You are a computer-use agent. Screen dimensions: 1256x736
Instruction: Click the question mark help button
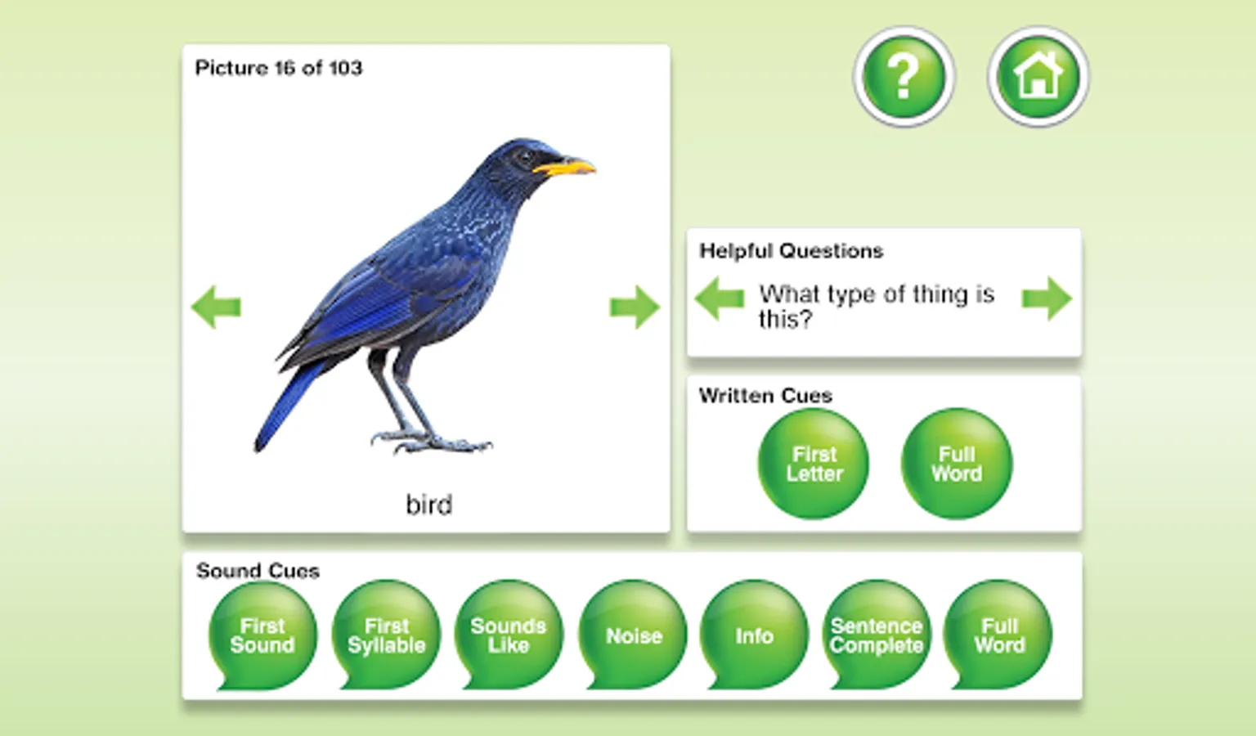coord(904,76)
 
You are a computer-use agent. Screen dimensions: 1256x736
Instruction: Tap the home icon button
coord(1038,76)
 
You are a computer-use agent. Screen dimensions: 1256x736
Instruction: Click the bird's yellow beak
coord(564,166)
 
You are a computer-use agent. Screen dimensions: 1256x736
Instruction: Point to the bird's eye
coord(524,156)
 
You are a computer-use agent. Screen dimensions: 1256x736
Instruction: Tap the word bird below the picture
coord(429,505)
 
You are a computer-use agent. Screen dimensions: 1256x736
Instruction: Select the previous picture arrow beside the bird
coord(217,307)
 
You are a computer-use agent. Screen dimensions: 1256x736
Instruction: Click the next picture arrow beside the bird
coord(635,307)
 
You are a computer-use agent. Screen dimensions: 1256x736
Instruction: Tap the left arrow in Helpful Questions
coord(720,298)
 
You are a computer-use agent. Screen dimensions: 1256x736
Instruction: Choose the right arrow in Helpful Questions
coord(1047,298)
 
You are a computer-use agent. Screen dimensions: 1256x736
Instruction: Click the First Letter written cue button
coord(814,464)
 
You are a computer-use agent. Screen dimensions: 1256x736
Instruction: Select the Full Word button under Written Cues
coord(957,464)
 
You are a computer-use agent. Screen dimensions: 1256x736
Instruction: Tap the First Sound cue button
coord(262,635)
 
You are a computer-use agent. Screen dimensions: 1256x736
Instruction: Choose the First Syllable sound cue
coord(386,635)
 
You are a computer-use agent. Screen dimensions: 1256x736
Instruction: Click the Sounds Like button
coord(509,635)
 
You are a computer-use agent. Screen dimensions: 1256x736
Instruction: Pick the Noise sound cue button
coord(633,635)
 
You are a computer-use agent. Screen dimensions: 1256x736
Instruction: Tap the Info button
coord(754,635)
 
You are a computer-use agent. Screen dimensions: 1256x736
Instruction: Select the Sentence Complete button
coord(877,635)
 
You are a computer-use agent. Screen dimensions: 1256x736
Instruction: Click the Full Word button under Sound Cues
coord(998,635)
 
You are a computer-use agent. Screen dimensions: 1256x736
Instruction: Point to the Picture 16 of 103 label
coord(279,68)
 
